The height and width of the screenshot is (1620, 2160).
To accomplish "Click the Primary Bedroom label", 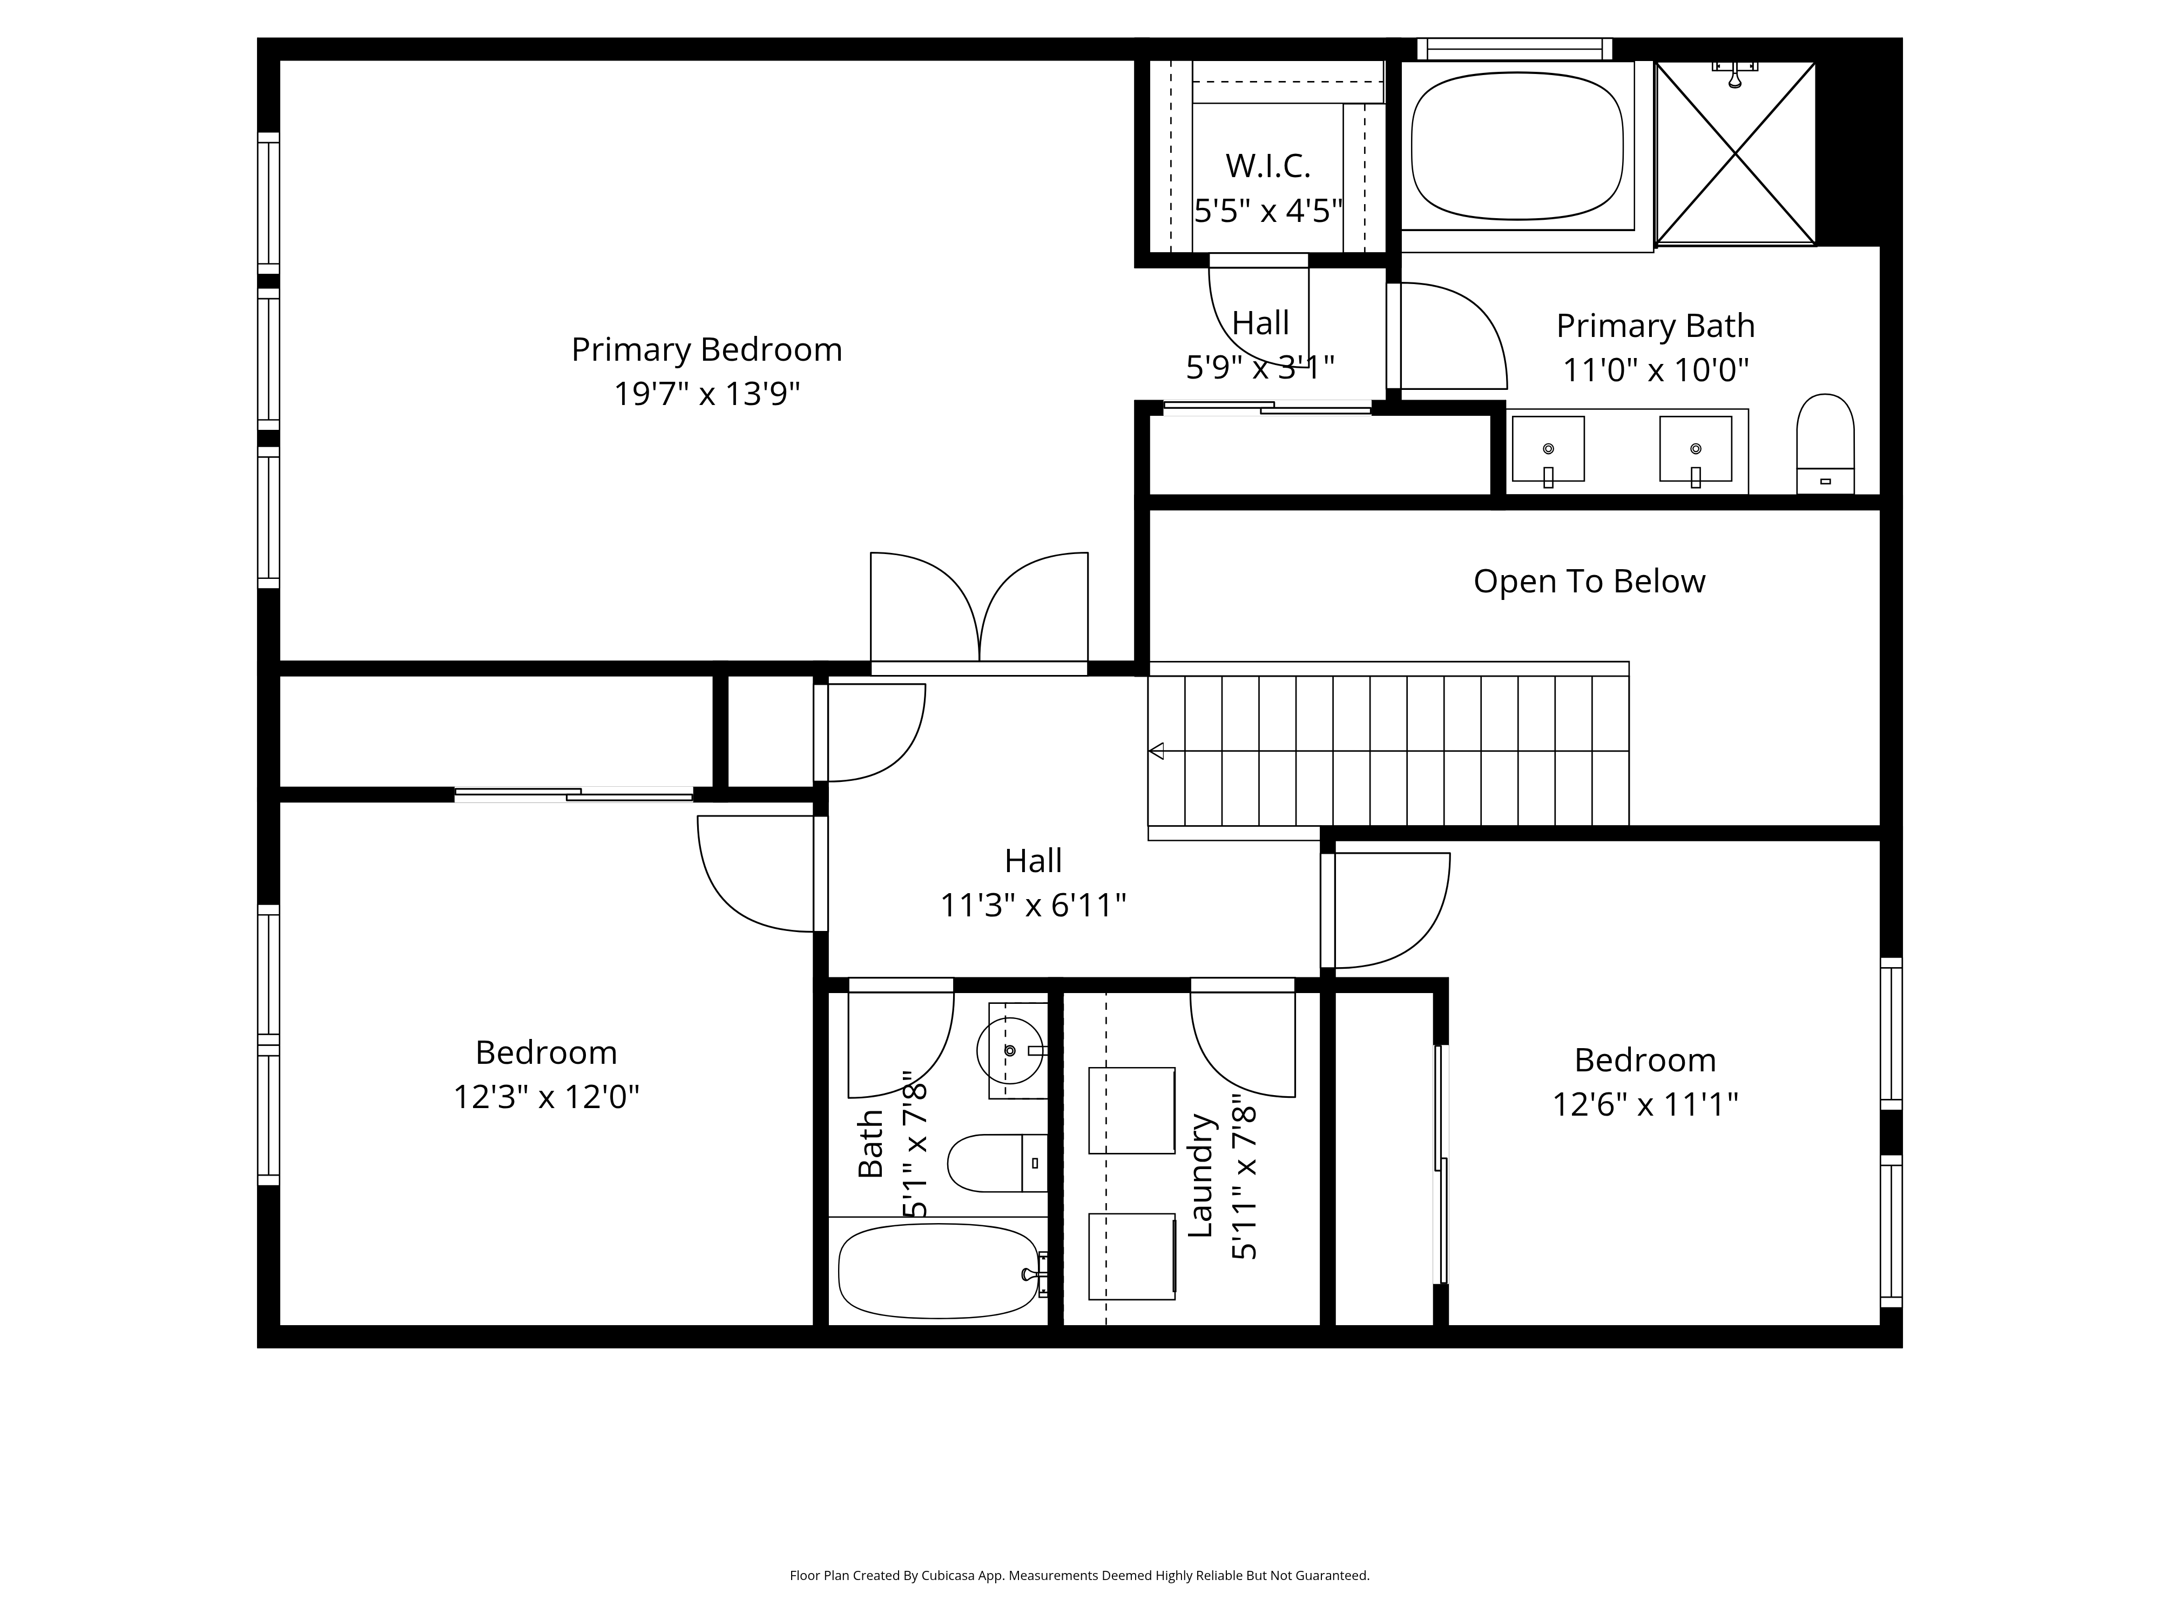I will click(x=706, y=349).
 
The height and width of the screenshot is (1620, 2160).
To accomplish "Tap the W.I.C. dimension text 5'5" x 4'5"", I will click(x=1267, y=210).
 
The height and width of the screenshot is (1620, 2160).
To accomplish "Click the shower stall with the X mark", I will click(x=1734, y=152).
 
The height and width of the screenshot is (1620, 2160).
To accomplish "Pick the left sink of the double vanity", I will click(x=1548, y=449).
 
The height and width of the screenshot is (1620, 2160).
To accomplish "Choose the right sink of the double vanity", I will click(x=1695, y=449).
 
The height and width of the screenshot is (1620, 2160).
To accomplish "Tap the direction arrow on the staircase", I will click(x=1157, y=751).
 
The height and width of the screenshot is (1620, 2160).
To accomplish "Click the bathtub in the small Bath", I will click(x=937, y=1271).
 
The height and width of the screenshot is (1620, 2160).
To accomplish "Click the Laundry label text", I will click(x=1200, y=1176).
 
